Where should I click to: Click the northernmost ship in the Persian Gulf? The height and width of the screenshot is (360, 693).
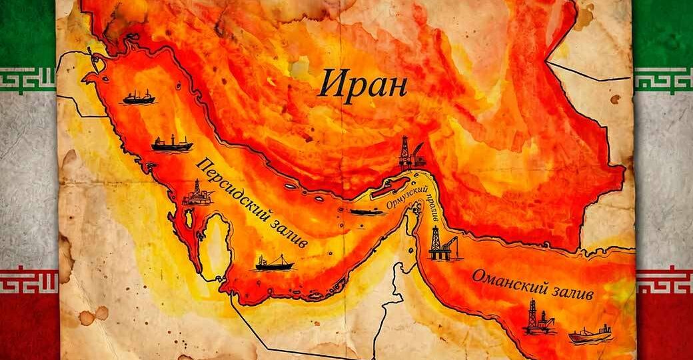click(139, 98)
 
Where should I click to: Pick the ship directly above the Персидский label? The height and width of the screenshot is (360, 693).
click(171, 143)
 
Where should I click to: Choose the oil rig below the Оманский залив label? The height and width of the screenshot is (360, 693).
click(538, 318)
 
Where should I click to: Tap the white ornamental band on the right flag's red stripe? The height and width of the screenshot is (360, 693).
click(664, 280)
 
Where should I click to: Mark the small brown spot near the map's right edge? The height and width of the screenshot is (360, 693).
click(614, 99)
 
